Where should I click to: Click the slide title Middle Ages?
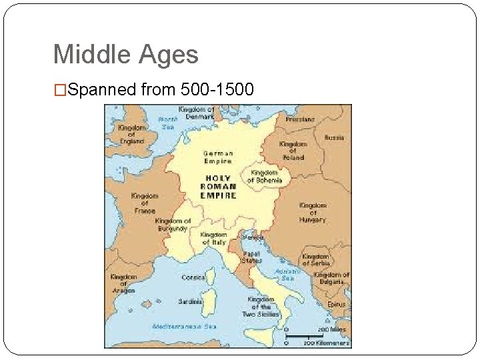coord(125,54)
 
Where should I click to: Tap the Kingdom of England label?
coord(132,134)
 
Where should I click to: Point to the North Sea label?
coord(167,123)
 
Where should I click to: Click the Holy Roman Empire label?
coord(218,186)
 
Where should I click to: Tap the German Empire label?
coord(218,157)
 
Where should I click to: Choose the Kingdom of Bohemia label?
coord(265,176)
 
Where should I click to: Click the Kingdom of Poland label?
coord(293,150)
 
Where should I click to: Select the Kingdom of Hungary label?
coord(313,212)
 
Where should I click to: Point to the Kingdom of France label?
coord(145,203)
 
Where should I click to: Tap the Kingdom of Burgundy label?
coord(173,225)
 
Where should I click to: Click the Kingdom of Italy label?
coord(214,239)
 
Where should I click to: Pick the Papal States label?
coord(251,257)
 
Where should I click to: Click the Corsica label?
coord(193,277)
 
